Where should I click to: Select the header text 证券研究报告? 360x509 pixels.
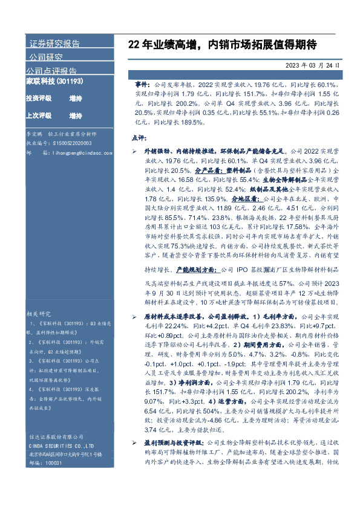tap(54, 44)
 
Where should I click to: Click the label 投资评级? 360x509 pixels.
tap(38, 99)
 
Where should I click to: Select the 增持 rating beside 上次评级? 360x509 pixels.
tap(76, 116)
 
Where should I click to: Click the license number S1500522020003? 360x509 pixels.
tap(71, 143)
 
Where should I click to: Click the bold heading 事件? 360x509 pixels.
tap(143, 86)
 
